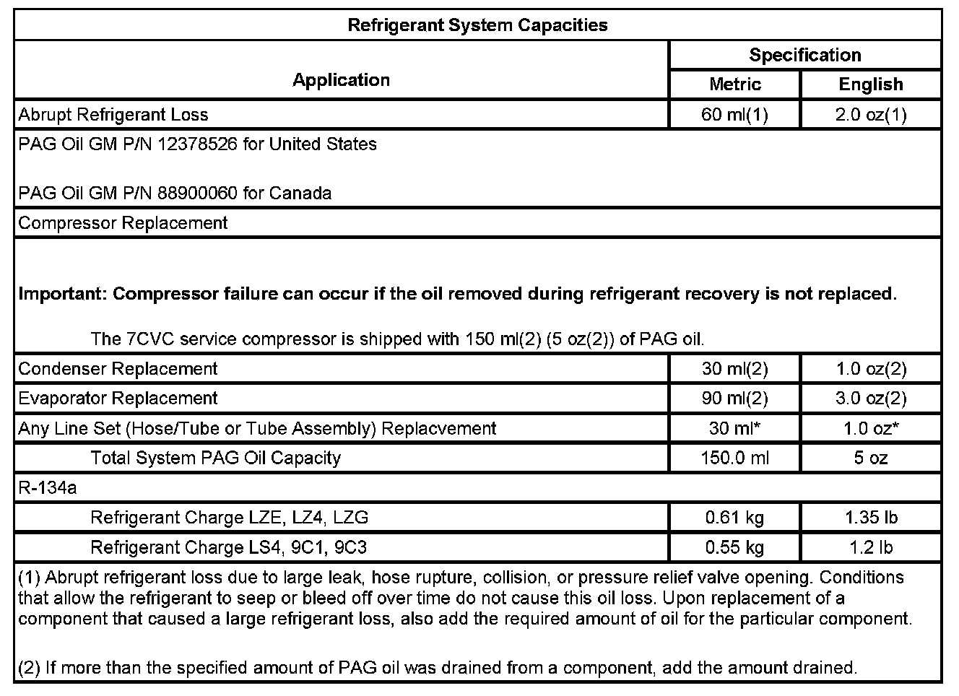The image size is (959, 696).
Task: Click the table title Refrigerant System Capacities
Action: (x=477, y=25)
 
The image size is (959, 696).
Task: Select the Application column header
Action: (x=341, y=80)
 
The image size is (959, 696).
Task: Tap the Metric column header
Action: (x=735, y=84)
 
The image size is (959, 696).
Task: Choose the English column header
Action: (x=871, y=84)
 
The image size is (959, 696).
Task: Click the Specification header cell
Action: (x=804, y=56)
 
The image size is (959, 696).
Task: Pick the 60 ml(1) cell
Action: (x=735, y=115)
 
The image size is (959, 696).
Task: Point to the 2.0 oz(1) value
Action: (x=871, y=115)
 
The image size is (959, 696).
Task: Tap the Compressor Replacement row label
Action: (x=123, y=223)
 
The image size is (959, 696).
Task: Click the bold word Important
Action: (x=62, y=295)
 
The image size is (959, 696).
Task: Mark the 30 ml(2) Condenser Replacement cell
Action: (x=735, y=369)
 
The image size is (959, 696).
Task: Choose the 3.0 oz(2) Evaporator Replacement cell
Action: (x=871, y=399)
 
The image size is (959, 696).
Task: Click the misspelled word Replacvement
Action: (x=439, y=429)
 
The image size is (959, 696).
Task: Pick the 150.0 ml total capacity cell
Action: (x=735, y=458)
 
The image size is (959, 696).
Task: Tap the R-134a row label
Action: (x=47, y=488)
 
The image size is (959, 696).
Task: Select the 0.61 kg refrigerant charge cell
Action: (x=735, y=518)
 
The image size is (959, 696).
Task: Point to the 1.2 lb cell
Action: (x=871, y=548)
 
